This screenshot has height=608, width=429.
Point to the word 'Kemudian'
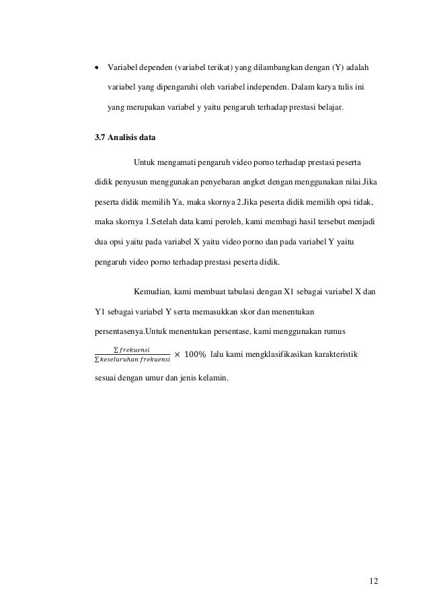point(153,292)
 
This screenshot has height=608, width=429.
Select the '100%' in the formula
point(194,354)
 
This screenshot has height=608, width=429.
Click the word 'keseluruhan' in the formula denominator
point(118,360)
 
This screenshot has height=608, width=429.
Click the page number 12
point(373,580)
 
